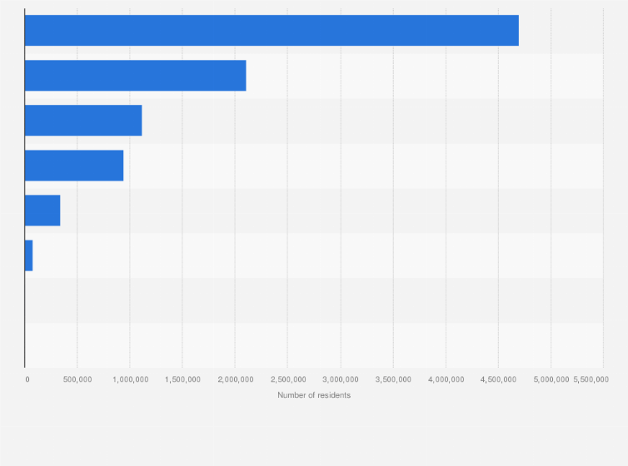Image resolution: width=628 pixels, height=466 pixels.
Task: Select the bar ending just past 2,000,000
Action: tap(135, 76)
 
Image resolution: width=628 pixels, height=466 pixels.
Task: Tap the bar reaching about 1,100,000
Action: tap(83, 121)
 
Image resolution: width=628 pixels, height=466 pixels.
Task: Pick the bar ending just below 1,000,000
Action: tap(74, 166)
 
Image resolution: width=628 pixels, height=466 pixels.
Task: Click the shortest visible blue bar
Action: tap(28, 255)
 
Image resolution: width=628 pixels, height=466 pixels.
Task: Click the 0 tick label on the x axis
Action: tap(27, 379)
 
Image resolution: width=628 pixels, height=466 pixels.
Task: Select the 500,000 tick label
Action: tap(77, 379)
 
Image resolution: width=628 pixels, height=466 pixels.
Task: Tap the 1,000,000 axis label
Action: tap(129, 379)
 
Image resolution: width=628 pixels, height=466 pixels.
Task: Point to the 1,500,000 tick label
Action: tap(182, 379)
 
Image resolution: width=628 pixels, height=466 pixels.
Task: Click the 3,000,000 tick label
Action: tap(340, 379)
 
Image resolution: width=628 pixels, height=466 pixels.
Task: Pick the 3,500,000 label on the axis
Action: tap(392, 379)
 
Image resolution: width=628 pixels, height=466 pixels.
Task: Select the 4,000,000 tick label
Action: tap(445, 379)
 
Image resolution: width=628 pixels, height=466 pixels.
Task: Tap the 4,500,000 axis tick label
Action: tap(497, 379)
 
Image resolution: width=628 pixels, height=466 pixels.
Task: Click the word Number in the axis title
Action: tap(292, 395)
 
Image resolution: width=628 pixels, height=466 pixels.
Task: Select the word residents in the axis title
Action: tap(334, 395)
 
